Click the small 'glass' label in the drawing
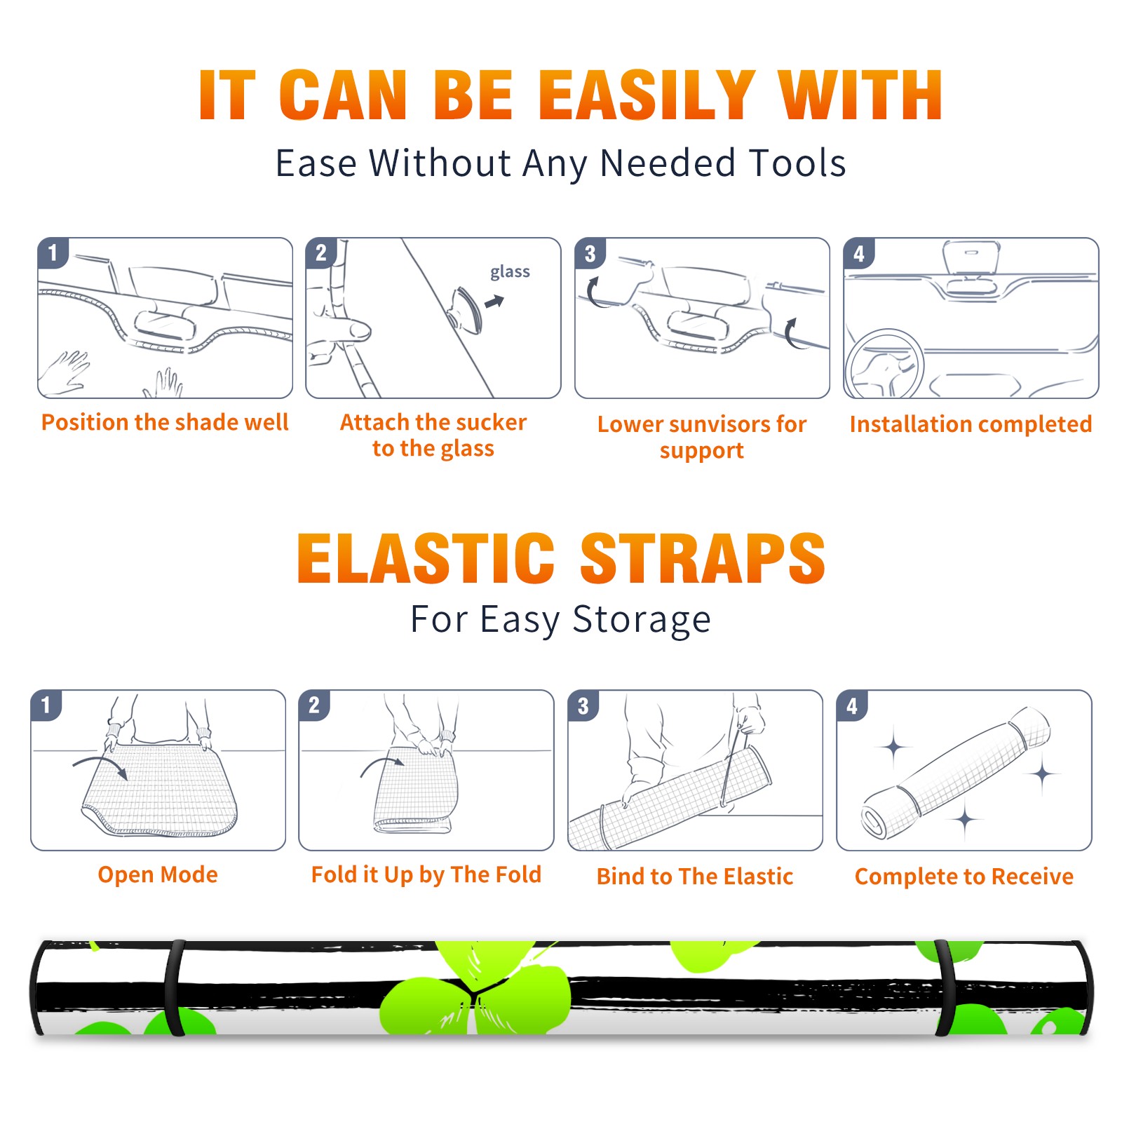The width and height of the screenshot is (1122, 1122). click(510, 272)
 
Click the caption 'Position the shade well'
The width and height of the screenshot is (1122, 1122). click(165, 422)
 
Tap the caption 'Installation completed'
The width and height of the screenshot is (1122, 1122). click(971, 424)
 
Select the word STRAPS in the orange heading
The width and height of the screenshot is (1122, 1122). click(703, 558)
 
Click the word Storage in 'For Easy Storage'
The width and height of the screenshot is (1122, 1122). click(642, 619)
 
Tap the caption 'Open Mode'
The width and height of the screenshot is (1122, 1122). click(158, 874)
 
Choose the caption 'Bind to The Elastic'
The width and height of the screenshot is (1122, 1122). click(695, 876)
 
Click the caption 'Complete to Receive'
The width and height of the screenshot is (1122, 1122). click(964, 876)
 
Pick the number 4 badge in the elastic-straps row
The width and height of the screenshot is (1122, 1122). click(852, 705)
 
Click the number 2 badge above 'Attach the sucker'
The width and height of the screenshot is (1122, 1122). click(321, 252)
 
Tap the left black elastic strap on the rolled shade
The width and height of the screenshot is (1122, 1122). click(175, 987)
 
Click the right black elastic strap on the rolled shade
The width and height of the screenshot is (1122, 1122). click(945, 987)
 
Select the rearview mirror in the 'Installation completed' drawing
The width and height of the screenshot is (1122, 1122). click(971, 258)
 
